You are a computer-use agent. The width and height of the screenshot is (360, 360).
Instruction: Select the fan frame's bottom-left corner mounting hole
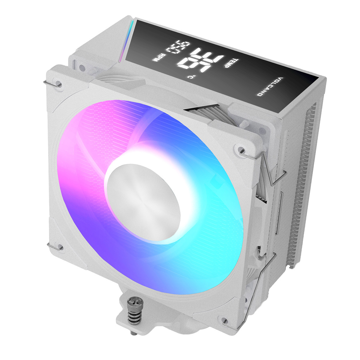click(59, 247)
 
